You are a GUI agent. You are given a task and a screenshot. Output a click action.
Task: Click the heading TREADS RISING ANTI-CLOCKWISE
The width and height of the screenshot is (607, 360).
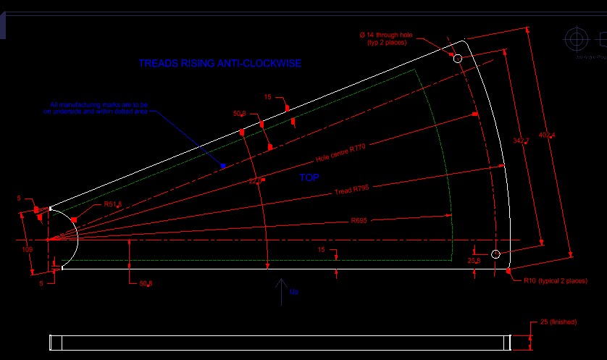point(219,64)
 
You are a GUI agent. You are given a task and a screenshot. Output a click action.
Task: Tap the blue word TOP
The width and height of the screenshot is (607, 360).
point(309,177)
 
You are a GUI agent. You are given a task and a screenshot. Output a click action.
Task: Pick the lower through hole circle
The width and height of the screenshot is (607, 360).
point(495,254)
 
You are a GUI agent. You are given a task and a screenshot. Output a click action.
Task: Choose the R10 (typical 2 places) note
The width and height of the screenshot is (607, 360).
point(556,280)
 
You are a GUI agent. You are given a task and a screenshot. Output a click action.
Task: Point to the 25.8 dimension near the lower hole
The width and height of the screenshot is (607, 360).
point(474,259)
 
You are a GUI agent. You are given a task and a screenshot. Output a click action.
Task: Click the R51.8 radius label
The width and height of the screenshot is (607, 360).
point(112,205)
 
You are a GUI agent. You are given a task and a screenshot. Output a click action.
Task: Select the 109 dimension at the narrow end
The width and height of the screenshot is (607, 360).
point(28,250)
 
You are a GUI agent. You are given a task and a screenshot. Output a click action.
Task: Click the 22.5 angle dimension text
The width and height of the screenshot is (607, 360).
point(256,180)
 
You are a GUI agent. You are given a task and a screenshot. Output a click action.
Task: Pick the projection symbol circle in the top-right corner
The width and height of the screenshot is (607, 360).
point(577,38)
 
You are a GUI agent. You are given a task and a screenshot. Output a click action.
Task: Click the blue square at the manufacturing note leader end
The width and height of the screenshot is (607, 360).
point(223,167)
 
